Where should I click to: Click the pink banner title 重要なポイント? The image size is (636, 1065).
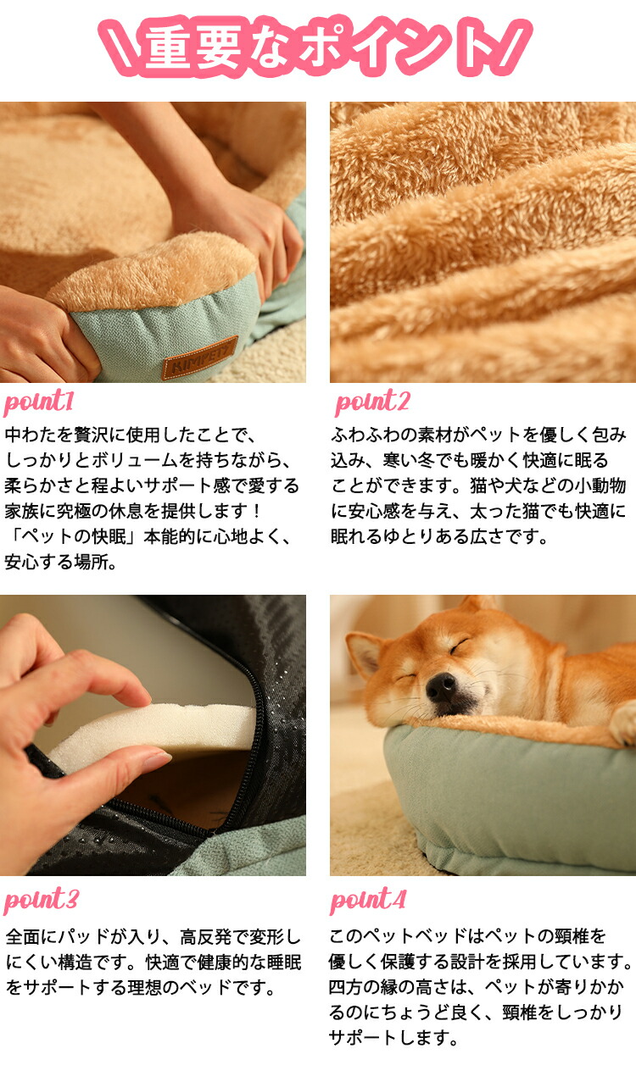[315, 46]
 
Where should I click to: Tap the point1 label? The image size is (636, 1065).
[38, 402]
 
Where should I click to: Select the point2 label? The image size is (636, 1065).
[372, 402]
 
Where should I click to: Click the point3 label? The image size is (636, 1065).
[41, 900]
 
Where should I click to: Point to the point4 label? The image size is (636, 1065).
[368, 900]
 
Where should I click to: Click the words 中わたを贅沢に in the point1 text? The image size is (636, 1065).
[64, 435]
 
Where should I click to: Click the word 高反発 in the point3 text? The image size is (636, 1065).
[206, 936]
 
